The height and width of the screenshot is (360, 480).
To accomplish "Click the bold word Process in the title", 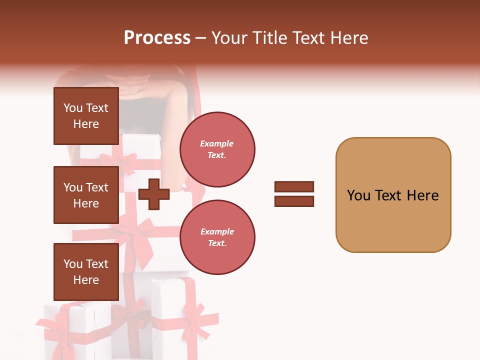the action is (x=157, y=38).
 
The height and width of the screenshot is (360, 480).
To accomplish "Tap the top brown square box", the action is (x=86, y=116).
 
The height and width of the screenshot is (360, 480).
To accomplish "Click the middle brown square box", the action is (x=86, y=195).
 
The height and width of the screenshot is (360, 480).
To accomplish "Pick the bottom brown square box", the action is (x=86, y=272).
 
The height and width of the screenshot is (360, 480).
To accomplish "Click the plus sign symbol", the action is (x=153, y=193).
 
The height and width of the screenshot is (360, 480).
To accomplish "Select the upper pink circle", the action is (x=217, y=149).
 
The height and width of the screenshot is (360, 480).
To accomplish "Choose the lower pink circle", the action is (x=217, y=237).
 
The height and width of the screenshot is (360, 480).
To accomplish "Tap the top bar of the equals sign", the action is (x=294, y=186).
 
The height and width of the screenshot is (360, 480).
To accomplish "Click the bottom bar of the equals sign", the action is (x=294, y=201).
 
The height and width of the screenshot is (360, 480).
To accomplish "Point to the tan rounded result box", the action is (x=393, y=195).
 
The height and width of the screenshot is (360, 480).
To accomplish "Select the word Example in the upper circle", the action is (x=216, y=143).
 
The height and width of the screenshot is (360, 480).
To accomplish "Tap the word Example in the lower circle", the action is (x=217, y=231).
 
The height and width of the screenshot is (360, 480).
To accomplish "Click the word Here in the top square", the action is (x=86, y=124).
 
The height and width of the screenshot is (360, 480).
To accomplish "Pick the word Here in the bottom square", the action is (x=86, y=280).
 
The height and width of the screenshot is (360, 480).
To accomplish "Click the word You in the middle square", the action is (x=73, y=187).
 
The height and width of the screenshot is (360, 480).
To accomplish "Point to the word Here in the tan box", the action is (x=422, y=195).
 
